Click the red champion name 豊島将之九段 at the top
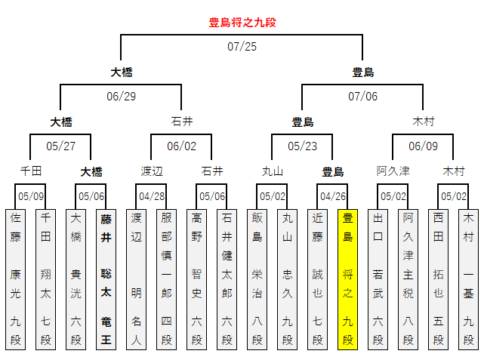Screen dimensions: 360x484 242,23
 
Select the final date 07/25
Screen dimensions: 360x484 242,47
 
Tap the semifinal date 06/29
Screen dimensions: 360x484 121,96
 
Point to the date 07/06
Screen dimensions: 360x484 362,96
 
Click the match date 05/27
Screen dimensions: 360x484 60,146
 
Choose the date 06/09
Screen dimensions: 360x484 423,146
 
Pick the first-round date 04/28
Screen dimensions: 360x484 151,196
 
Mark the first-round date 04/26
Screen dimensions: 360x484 332,196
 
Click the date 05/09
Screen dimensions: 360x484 30,196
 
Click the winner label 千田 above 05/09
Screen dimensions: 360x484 30,171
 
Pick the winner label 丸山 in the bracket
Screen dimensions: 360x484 272,171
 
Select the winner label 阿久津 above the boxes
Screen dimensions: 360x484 393,171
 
